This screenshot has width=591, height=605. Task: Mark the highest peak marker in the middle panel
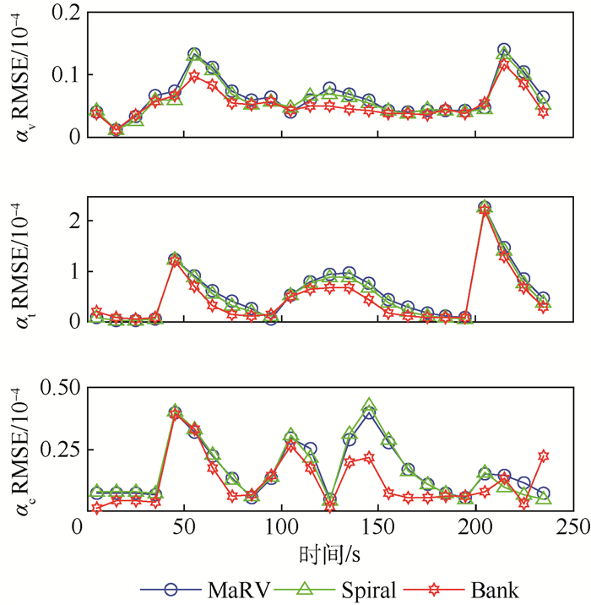coord(484,207)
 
